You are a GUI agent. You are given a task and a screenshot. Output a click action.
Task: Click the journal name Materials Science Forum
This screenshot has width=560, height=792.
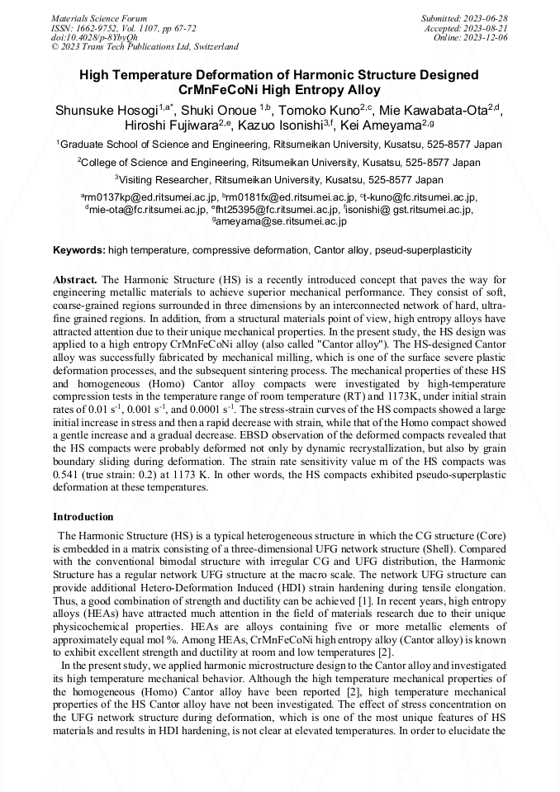coord(99,17)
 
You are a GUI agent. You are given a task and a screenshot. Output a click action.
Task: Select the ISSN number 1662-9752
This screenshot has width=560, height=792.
coord(105,27)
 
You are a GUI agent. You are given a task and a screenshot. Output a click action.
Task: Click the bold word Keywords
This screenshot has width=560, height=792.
coord(78,249)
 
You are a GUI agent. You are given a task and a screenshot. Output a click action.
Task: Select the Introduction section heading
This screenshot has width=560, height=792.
coord(83,517)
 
